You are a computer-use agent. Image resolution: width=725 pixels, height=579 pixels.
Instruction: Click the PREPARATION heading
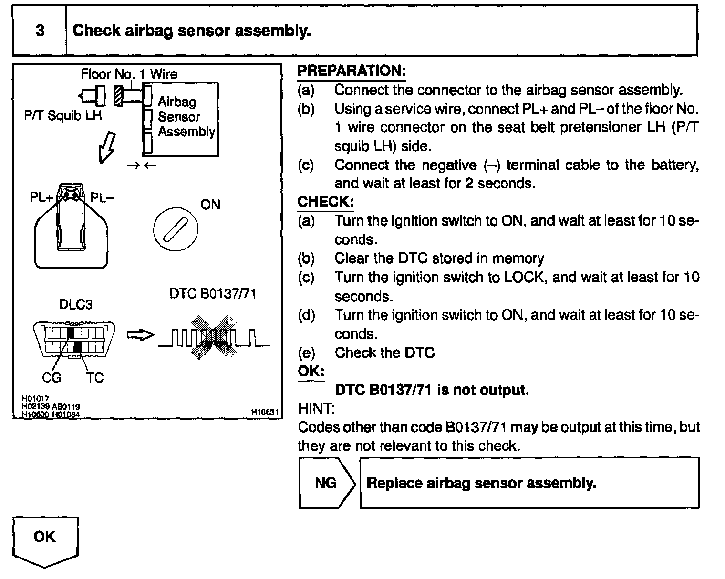tap(351, 71)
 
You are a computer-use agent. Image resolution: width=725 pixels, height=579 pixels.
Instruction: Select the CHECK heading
tap(325, 202)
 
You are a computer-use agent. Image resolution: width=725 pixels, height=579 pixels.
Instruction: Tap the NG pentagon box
tap(326, 483)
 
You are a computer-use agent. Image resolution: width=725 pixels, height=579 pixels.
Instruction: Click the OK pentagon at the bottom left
tap(45, 539)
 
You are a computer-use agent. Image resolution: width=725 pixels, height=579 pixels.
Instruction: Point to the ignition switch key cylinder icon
tap(175, 229)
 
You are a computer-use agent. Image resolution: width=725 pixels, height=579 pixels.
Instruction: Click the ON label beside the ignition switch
tap(210, 205)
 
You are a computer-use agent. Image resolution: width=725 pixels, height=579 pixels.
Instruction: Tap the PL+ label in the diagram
tap(41, 197)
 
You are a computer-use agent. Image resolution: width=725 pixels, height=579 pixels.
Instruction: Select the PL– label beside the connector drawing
tap(102, 197)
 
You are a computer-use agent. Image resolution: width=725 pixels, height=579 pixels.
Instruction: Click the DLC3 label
tap(76, 304)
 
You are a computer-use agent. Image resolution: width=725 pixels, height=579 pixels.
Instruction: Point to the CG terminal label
tap(52, 378)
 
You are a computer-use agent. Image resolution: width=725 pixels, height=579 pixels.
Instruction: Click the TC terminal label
tap(95, 378)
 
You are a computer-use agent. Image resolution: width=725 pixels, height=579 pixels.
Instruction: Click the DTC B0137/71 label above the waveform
tap(213, 293)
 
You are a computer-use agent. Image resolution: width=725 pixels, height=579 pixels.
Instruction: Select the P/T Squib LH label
tap(63, 115)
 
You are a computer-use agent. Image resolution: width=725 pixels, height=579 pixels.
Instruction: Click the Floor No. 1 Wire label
tap(129, 74)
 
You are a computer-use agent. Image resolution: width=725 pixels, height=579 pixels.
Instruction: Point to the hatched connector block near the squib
tap(118, 96)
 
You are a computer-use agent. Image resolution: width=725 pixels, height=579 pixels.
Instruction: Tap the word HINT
tap(316, 408)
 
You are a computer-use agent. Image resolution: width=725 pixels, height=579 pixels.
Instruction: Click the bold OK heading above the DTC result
tap(311, 371)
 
